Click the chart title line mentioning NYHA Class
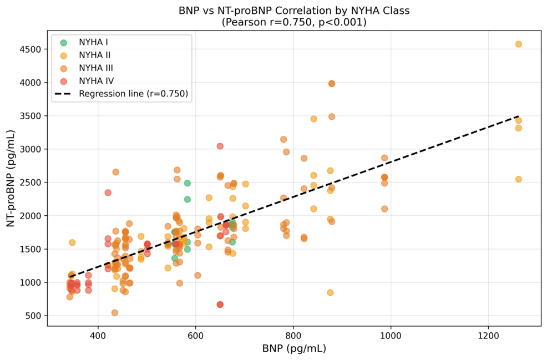pyautogui.click(x=294, y=11)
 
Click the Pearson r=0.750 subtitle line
pyautogui.click(x=294, y=22)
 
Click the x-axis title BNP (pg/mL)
pyautogui.click(x=294, y=348)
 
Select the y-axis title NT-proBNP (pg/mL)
pyautogui.click(x=11, y=178)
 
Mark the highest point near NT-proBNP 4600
pyautogui.click(x=518, y=44)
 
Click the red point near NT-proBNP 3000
pyautogui.click(x=220, y=146)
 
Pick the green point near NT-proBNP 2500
pyautogui.click(x=188, y=183)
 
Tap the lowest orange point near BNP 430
pyautogui.click(x=114, y=312)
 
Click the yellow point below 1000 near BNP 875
pyautogui.click(x=330, y=293)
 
